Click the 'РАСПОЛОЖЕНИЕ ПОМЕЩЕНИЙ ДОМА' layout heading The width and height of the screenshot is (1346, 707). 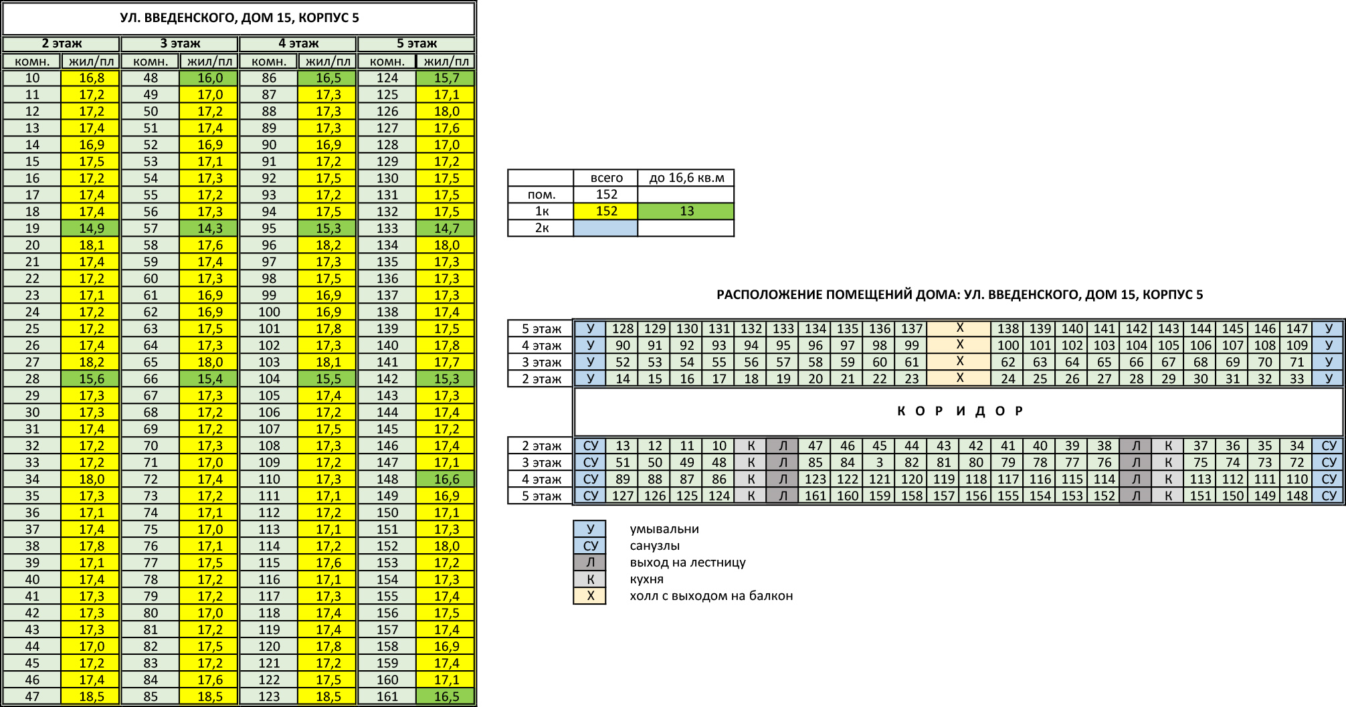click(x=959, y=295)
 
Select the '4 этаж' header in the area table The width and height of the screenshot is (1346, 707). click(x=298, y=43)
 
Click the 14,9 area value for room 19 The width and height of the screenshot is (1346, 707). click(x=91, y=228)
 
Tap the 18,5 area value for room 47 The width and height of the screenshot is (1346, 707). click(x=91, y=696)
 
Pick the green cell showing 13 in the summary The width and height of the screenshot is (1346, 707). click(x=686, y=211)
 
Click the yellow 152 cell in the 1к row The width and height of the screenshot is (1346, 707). click(x=606, y=211)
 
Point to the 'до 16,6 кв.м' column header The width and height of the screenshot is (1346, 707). click(x=686, y=178)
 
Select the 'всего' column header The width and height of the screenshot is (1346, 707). click(x=606, y=178)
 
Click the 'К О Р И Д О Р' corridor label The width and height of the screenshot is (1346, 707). click(x=959, y=411)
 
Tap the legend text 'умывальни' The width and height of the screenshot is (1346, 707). click(x=664, y=529)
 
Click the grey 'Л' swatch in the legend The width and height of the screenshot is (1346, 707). click(x=590, y=563)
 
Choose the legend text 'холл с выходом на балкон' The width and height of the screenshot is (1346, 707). click(x=711, y=596)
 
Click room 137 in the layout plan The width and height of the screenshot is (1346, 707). click(x=911, y=328)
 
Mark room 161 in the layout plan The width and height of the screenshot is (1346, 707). click(x=815, y=496)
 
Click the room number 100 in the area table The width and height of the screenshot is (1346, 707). click(x=269, y=312)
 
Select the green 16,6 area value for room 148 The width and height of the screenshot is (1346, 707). click(x=446, y=479)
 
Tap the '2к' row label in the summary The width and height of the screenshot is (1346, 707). click(x=541, y=228)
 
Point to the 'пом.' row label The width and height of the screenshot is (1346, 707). click(x=541, y=195)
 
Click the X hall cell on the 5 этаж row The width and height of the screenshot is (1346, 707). click(x=959, y=328)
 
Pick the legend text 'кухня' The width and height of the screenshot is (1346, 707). click(x=646, y=579)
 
